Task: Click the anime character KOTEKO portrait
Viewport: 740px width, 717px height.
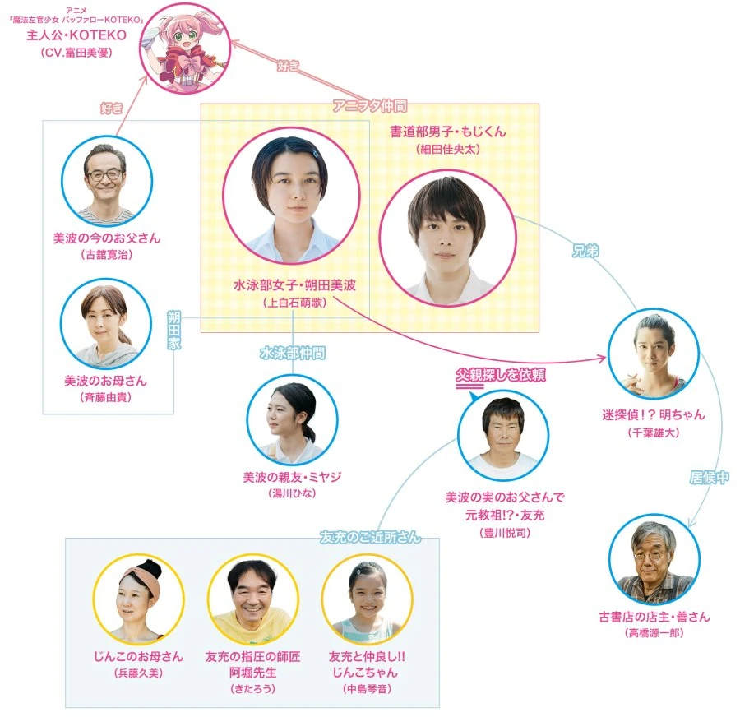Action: [185, 49]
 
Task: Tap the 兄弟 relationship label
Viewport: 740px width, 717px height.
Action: [585, 251]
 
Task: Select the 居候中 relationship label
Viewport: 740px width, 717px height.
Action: [709, 478]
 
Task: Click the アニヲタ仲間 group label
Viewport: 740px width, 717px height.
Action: [369, 106]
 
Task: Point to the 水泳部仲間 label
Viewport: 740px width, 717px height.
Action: [293, 353]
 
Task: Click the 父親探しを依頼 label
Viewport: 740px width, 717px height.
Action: [500, 375]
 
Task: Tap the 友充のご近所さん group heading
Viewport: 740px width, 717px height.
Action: [370, 537]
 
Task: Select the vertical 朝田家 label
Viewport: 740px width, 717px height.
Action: [174, 330]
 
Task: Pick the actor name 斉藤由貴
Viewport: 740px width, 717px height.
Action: [106, 397]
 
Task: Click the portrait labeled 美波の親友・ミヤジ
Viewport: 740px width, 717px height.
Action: [292, 419]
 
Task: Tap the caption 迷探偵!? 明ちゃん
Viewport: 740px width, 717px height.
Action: [653, 415]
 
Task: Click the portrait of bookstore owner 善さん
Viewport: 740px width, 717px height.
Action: [654, 560]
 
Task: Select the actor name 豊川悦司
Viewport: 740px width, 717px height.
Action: [505, 533]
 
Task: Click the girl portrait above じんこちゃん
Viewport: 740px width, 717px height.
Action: [368, 599]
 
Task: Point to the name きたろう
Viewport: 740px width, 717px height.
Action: [253, 689]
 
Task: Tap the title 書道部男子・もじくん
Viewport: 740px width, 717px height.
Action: [448, 132]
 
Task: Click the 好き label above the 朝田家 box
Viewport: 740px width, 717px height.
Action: [112, 108]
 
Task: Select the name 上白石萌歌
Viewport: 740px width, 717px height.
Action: [294, 303]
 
